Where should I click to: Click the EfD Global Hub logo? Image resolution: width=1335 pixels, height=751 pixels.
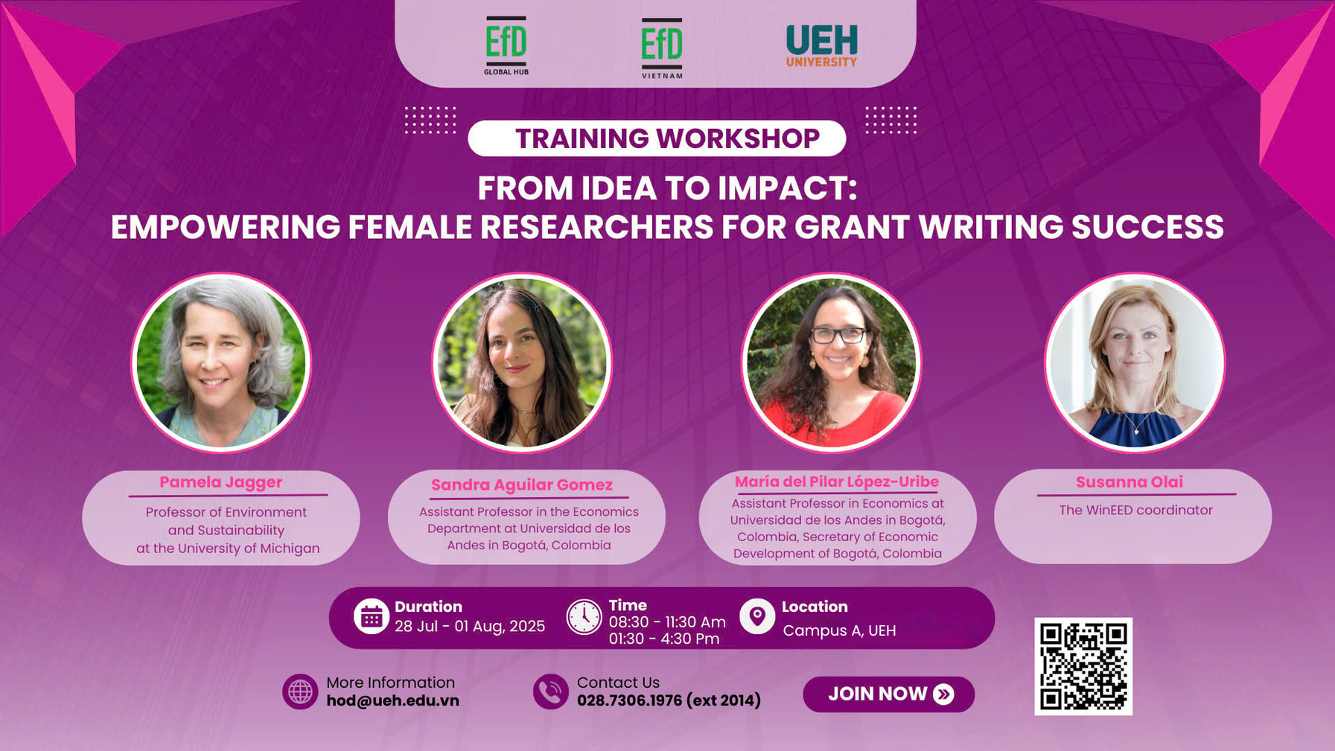506,45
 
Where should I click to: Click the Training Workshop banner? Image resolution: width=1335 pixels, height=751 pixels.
657,138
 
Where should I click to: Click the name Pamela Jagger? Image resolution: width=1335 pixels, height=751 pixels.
221,482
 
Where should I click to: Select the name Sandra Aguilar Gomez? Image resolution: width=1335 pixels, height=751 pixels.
522,485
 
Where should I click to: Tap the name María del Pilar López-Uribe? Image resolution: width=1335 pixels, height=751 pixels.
837,482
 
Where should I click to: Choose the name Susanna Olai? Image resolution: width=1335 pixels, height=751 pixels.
1130,482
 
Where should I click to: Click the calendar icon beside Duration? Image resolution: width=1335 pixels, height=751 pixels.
371,616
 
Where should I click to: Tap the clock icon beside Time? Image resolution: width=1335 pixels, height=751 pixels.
584,617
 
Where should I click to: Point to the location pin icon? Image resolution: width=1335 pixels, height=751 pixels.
757,616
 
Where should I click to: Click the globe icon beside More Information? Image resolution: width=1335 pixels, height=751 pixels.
300,691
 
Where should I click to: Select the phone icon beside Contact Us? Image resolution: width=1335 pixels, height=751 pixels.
551,691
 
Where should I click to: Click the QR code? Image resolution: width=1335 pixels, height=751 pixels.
1083,666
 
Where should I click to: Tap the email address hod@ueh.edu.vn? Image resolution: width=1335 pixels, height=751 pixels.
392,701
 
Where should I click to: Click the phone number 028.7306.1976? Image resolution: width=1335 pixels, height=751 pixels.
629,700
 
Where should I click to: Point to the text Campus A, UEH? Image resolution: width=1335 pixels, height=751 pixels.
839,630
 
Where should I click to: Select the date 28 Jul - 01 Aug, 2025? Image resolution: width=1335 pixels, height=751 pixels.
470,627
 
